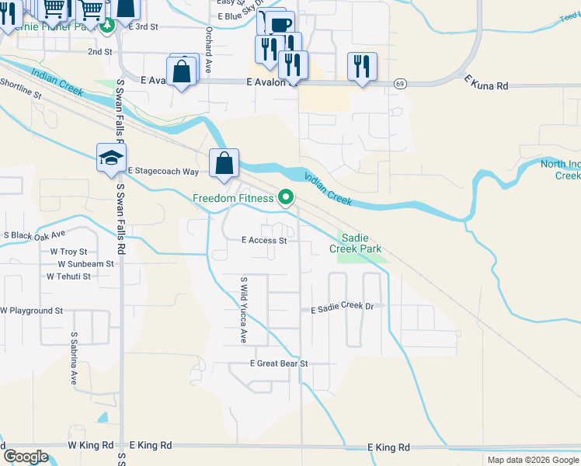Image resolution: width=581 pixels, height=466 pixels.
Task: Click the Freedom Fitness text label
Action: click(x=233, y=199)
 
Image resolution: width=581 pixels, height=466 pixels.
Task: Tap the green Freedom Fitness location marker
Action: click(x=286, y=199)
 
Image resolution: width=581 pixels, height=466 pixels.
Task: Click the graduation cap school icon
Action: click(x=110, y=158)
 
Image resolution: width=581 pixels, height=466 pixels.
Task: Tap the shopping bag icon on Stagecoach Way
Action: click(x=224, y=163)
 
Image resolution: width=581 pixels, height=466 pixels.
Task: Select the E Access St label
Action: click(x=264, y=241)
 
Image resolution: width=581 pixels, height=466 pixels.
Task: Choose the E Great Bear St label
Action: click(x=279, y=363)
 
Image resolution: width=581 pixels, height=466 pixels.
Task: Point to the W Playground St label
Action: click(x=32, y=311)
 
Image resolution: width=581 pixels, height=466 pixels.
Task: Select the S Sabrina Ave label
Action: click(x=74, y=359)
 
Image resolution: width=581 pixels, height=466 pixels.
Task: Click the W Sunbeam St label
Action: click(x=82, y=264)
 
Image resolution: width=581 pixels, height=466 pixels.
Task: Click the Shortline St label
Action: click(x=20, y=87)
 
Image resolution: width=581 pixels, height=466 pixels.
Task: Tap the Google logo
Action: click(x=26, y=457)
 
